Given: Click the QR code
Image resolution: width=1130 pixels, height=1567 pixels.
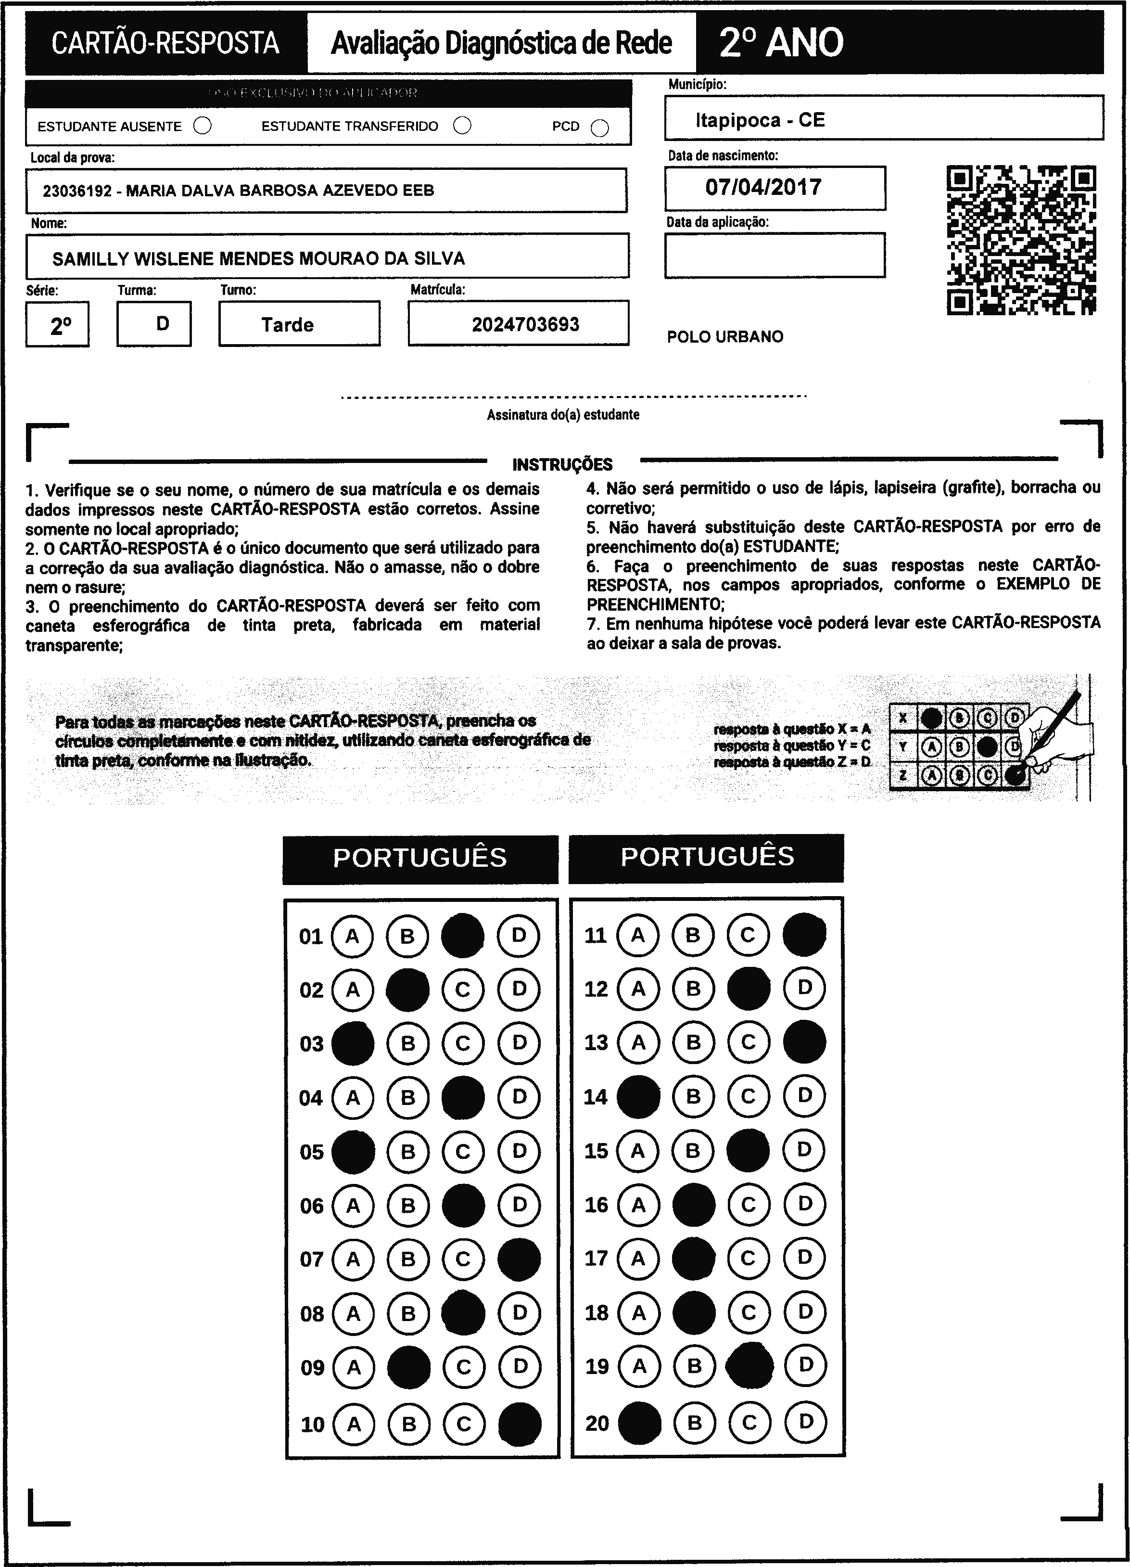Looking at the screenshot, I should click(1021, 240).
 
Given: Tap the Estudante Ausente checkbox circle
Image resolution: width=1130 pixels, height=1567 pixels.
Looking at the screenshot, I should click(203, 126).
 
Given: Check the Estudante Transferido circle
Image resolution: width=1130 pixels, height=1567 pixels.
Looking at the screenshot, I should click(462, 125).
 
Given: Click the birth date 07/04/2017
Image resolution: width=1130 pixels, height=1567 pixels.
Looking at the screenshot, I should click(763, 187).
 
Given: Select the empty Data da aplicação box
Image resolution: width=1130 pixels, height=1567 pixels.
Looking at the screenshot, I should click(774, 255).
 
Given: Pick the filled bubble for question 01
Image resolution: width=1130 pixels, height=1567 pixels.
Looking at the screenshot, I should click(463, 936).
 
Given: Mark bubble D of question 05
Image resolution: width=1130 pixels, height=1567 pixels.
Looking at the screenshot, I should click(520, 1151).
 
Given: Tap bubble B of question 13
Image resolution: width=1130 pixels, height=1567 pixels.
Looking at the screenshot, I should click(694, 1042).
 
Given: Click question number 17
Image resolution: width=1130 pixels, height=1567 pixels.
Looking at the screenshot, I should click(596, 1258).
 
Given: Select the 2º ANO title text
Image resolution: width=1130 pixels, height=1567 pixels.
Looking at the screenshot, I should click(781, 43).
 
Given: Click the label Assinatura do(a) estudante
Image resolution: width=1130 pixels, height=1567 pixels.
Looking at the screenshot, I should click(563, 414).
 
